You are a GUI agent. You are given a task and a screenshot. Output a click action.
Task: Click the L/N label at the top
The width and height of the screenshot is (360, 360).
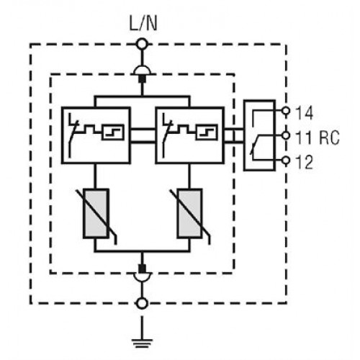coord(143,23)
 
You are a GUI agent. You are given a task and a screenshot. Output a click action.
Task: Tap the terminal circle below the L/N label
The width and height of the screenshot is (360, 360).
coord(142,44)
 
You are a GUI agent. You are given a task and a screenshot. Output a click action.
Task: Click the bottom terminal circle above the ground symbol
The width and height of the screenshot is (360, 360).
coord(142,303)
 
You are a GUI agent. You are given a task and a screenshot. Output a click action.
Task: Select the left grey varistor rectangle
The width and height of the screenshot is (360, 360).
coord(96,214)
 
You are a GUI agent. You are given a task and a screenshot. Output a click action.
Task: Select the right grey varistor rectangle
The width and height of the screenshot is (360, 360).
coord(189,214)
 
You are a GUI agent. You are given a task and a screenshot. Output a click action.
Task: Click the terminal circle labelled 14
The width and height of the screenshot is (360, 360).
coord(286,111)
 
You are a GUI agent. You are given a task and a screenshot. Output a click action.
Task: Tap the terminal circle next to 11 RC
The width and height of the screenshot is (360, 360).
coord(286,135)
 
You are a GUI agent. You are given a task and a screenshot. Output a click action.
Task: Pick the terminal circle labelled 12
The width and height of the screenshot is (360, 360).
coord(286,160)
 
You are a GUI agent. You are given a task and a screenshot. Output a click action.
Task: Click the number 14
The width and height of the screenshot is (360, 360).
coord(305,113)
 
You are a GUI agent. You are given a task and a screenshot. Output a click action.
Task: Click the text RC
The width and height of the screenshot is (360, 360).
coord(329,138)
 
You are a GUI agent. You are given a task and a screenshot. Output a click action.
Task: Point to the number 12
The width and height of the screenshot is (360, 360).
coord(305,162)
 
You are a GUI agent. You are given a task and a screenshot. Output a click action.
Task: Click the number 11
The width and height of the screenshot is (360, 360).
coord(303,138)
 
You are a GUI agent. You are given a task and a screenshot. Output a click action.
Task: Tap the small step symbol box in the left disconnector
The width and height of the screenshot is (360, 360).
coord(113,132)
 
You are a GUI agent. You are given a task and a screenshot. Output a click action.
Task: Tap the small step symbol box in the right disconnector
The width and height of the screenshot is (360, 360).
coord(207,132)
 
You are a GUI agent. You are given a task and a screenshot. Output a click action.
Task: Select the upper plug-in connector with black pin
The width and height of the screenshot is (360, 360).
coord(142,74)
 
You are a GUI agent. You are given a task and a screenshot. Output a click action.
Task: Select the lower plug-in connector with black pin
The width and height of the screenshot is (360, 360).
coord(142,273)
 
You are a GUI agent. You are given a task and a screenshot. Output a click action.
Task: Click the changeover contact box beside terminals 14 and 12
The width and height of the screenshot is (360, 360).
coord(259,135)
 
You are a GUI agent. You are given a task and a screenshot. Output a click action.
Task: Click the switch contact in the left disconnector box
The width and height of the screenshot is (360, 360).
coord(73,135)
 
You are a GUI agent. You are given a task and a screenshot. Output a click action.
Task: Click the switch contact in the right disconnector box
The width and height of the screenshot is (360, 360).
coord(167,135)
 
